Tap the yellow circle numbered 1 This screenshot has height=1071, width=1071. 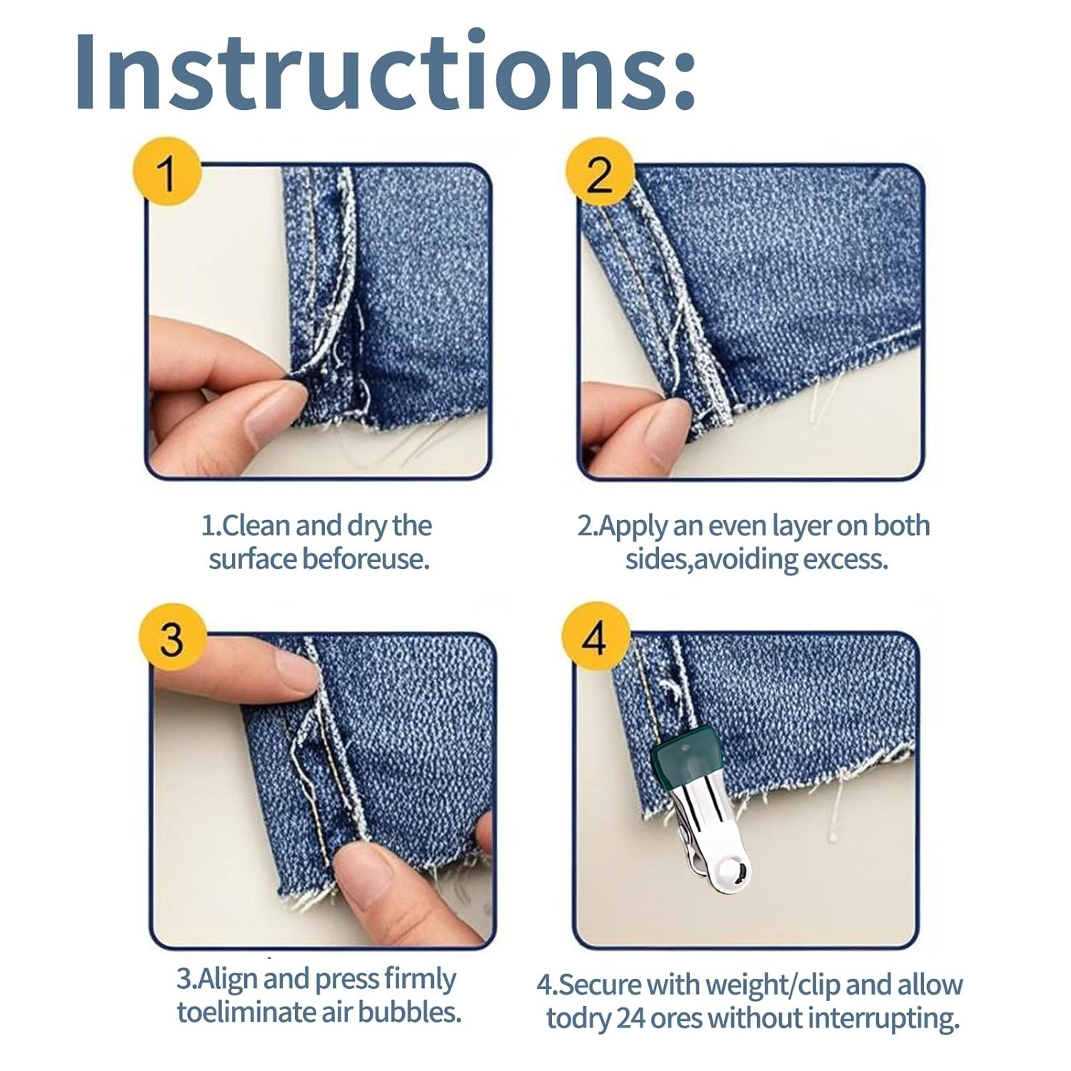(x=168, y=173)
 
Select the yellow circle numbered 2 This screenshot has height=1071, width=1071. (x=599, y=173)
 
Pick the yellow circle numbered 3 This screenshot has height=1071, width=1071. (x=172, y=638)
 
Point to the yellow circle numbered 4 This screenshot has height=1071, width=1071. (x=596, y=638)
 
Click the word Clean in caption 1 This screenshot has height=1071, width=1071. (x=256, y=526)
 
